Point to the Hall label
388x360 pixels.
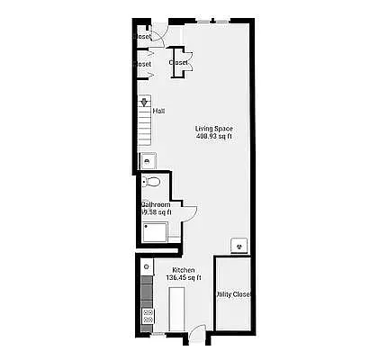(158, 112)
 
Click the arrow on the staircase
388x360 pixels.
(144, 103)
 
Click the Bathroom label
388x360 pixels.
(156, 205)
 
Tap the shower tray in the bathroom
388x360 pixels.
(157, 233)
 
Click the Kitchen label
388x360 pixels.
(185, 270)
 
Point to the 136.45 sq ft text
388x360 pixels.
(185, 277)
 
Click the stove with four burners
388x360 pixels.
(148, 315)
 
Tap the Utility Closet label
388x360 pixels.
(233, 294)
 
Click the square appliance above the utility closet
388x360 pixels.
(239, 244)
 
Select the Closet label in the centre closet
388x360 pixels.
(179, 62)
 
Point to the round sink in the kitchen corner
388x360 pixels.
(146, 267)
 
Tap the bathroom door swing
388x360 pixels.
(189, 212)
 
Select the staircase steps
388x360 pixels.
(144, 126)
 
